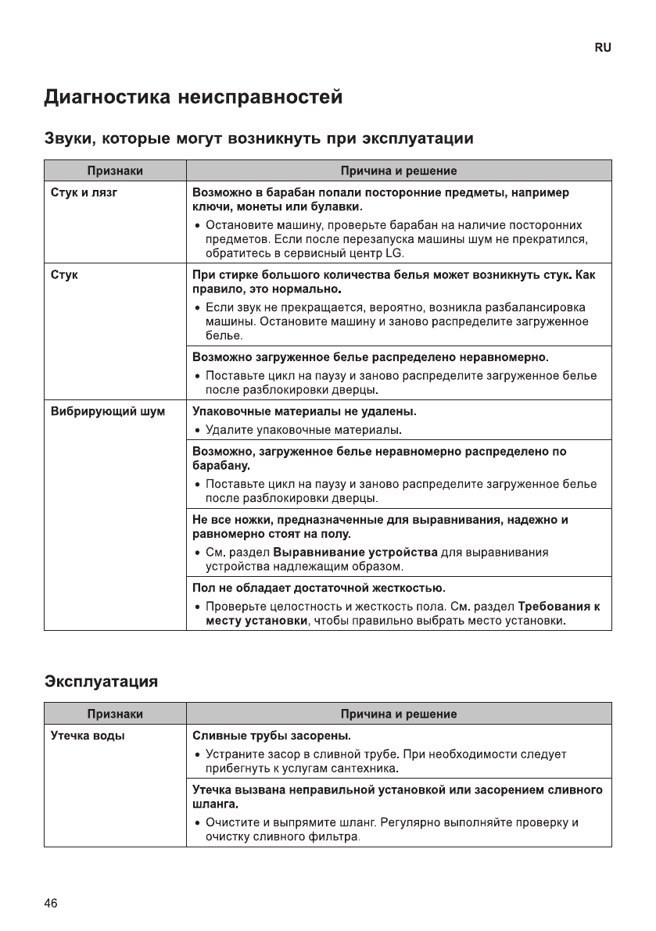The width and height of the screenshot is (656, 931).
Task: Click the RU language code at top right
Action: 603,48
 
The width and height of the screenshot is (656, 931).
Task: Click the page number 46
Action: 51,904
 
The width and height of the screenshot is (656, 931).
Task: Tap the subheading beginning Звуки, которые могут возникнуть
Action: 257,139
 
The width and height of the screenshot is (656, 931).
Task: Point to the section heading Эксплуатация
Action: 101,681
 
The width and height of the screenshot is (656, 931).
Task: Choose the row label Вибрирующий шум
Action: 108,411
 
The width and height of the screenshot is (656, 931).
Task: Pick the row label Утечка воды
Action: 88,736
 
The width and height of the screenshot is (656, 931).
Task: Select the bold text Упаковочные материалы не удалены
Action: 304,411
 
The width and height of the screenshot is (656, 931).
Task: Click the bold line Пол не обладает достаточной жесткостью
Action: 319,588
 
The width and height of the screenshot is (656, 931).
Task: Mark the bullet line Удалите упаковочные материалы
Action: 303,430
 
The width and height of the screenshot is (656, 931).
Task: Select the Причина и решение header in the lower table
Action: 399,714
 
